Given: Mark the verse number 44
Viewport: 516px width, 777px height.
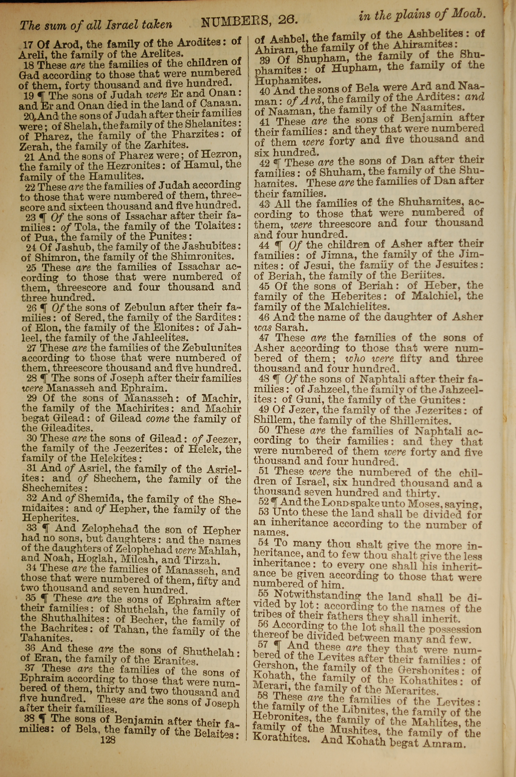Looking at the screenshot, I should click(264, 245).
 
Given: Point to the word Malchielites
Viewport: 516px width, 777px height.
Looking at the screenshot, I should click(356, 307).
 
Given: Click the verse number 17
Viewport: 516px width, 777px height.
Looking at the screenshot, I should click(28, 44).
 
